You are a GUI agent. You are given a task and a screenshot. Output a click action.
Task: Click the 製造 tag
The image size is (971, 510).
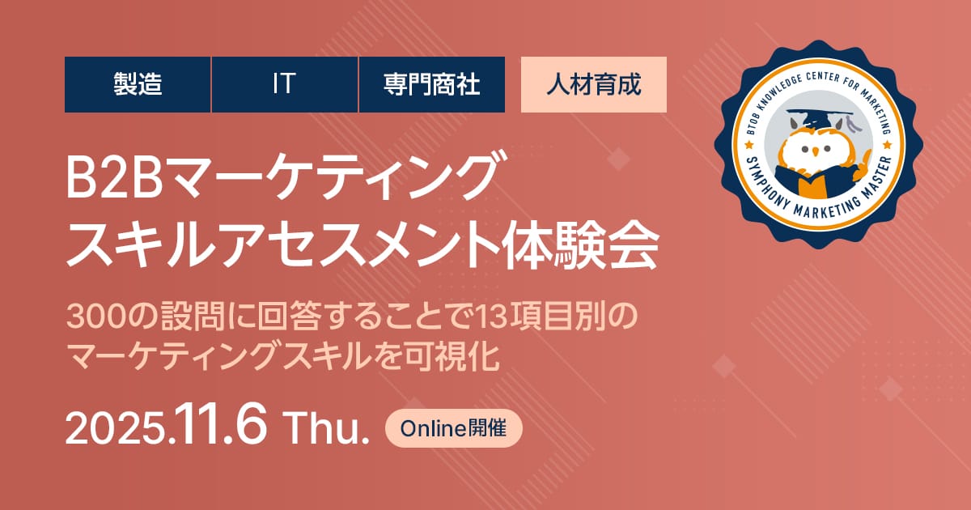click(x=138, y=84)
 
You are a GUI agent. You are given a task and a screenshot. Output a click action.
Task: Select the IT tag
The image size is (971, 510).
click(x=284, y=84)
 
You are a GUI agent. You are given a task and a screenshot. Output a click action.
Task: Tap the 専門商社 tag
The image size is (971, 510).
click(x=432, y=84)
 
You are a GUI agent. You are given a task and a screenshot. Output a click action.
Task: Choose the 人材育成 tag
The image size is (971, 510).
click(x=593, y=84)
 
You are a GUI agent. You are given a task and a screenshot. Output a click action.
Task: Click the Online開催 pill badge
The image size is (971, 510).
click(x=453, y=428)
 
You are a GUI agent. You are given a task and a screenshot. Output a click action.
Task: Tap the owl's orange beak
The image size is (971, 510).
click(x=816, y=152)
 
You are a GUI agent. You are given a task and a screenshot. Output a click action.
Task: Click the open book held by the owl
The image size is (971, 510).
click(x=814, y=182)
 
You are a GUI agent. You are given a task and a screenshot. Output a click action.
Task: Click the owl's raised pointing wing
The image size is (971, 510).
click(x=863, y=164)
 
